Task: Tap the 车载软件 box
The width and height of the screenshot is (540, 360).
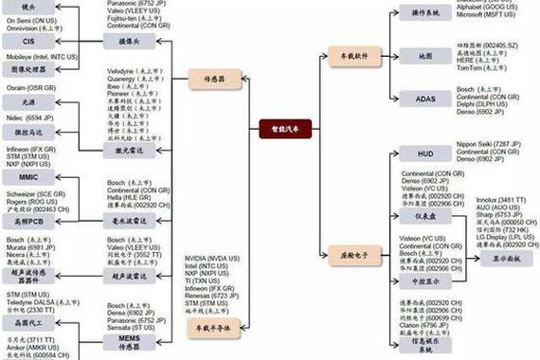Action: coord(351,56)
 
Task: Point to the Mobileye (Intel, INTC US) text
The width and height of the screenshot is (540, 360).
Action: coord(42,57)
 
